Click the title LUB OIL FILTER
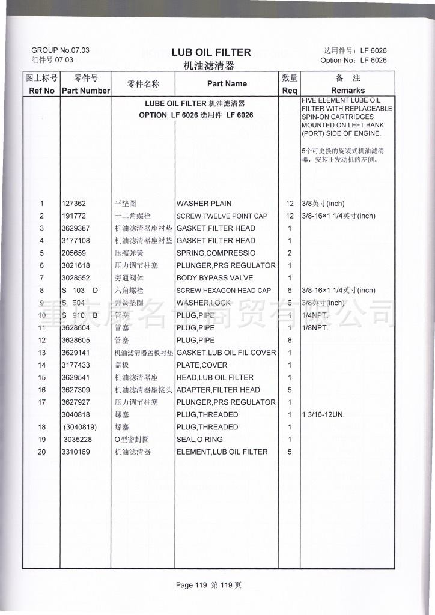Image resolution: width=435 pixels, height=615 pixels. coord(211,52)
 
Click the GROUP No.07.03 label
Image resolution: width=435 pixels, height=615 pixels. coord(60,50)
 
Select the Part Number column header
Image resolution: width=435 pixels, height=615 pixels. coord(85,91)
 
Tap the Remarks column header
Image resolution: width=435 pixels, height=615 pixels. coord(348,91)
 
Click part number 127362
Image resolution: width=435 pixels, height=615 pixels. coord(74,204)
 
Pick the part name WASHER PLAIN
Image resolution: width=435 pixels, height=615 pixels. coord(204,204)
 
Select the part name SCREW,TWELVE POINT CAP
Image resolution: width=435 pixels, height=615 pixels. coord(222,216)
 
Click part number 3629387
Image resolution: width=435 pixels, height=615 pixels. coord(76,228)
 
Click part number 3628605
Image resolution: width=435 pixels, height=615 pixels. coord(76,341)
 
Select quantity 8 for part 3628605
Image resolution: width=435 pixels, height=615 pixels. coord(290,341)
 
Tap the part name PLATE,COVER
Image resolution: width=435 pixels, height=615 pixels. coord(202,365)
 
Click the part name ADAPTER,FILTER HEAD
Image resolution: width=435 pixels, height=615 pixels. coord(218,390)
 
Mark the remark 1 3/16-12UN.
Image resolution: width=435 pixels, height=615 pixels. coord(323,415)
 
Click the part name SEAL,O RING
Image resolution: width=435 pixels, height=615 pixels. coord(199,440)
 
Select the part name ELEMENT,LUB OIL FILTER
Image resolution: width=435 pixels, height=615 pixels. coord(222,452)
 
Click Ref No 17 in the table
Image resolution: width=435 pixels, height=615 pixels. coord(42,402)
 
